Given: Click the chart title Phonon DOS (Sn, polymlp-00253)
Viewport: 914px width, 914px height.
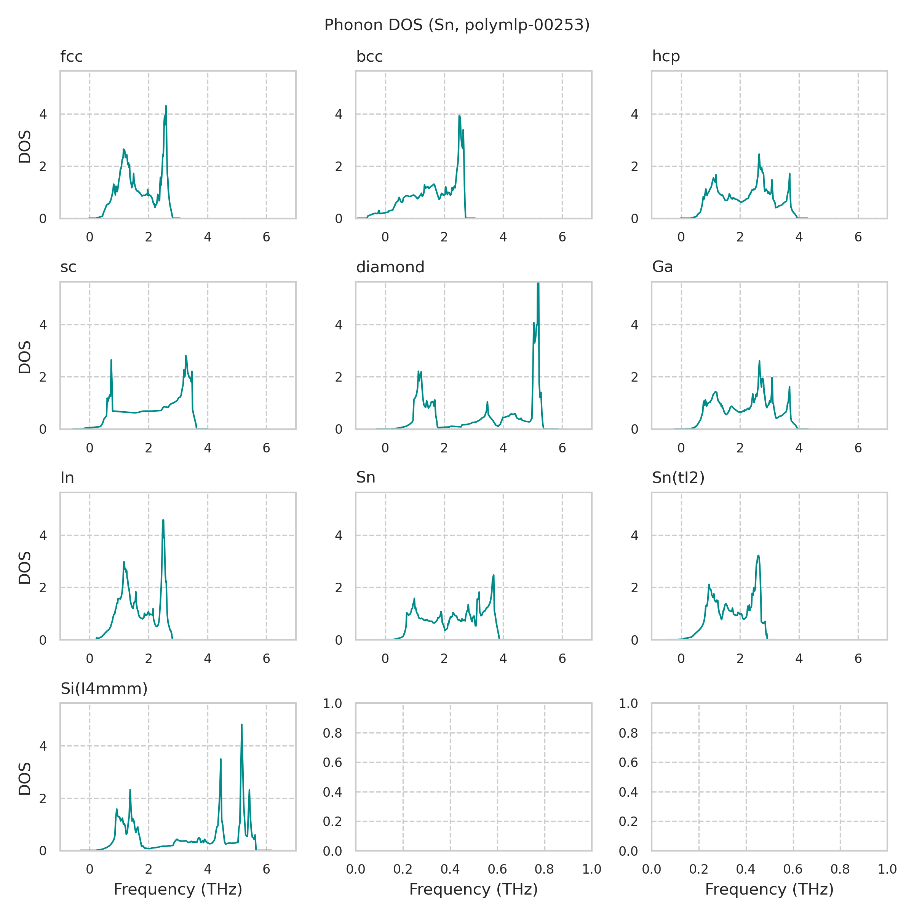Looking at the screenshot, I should click(x=457, y=25).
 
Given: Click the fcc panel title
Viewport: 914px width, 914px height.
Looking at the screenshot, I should click(x=72, y=57).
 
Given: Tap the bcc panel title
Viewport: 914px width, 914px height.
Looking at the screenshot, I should click(x=369, y=57).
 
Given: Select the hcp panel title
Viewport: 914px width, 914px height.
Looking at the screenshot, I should click(x=666, y=56).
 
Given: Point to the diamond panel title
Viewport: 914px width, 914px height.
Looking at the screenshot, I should click(x=390, y=267).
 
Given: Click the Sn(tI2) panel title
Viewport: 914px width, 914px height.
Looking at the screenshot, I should click(x=678, y=478).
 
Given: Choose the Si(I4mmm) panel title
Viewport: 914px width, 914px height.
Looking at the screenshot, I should click(x=104, y=689).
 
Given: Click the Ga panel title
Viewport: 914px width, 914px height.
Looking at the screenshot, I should click(x=662, y=267).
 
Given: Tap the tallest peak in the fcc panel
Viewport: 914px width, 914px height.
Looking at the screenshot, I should click(x=166, y=107).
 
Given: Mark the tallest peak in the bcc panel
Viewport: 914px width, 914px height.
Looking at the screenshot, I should click(x=459, y=116).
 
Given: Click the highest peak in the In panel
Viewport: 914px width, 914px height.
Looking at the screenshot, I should click(x=163, y=520).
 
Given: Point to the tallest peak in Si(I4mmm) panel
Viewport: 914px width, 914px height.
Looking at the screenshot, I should click(x=242, y=725).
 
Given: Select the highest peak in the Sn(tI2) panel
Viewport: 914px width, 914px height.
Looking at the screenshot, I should click(x=758, y=556).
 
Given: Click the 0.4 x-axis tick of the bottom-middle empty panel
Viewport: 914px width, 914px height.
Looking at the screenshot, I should click(x=450, y=869).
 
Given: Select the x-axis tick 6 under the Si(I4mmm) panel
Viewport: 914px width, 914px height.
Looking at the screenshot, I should click(x=266, y=869).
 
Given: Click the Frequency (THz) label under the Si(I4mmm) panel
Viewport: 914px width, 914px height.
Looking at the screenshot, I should click(x=178, y=889).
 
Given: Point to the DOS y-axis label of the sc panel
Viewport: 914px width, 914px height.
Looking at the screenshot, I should click(x=25, y=357).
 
